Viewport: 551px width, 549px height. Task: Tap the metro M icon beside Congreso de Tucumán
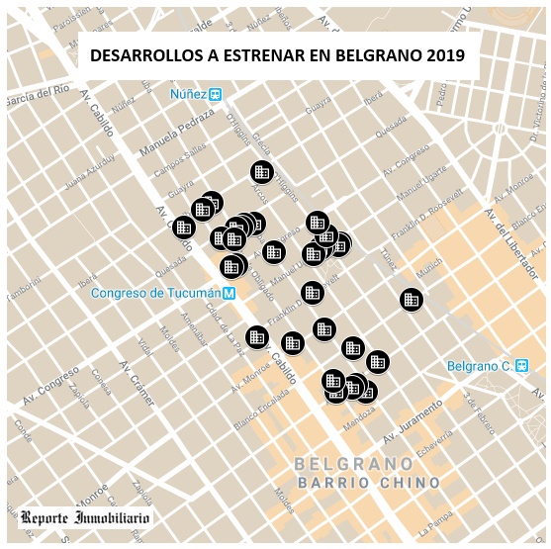[x=229, y=293]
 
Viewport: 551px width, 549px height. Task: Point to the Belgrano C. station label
[x=477, y=366]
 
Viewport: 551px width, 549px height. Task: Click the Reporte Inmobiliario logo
[x=85, y=517]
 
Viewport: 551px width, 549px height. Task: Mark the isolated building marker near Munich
[x=412, y=299]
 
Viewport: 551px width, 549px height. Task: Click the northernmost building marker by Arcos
[x=261, y=172]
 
